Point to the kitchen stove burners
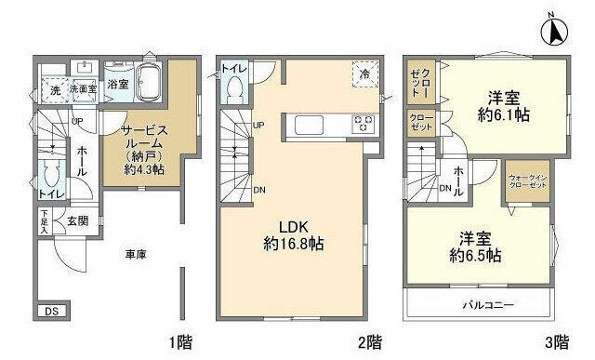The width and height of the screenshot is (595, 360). click(x=362, y=124)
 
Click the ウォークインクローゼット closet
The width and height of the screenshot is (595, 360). click(x=526, y=180)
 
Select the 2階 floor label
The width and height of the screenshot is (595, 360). click(x=370, y=340)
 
